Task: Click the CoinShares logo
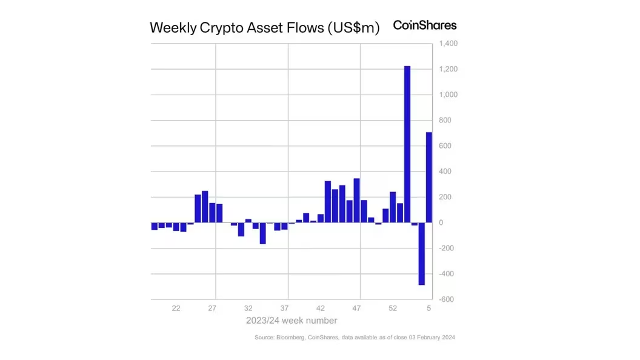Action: (425, 25)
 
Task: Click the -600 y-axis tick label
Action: (447, 299)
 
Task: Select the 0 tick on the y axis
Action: (441, 223)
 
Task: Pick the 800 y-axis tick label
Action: (445, 121)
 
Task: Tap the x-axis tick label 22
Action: (176, 308)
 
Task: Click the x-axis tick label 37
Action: (285, 308)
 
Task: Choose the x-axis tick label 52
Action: (393, 308)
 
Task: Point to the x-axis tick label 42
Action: (321, 308)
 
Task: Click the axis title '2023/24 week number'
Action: (292, 321)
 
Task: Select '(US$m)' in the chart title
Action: (353, 28)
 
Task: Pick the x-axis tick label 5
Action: (428, 308)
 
